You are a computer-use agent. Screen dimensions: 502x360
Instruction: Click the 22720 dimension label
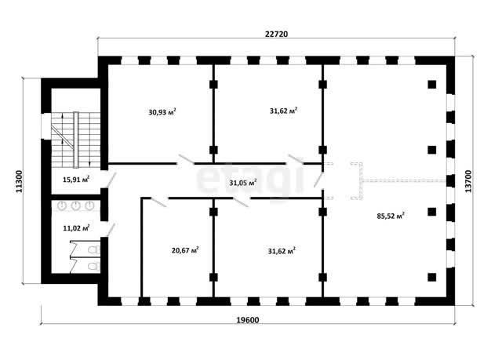click(x=276, y=34)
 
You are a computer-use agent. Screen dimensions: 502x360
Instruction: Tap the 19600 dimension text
click(x=248, y=320)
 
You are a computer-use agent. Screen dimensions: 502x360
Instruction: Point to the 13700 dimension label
click(x=468, y=181)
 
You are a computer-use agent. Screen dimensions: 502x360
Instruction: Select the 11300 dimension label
click(x=20, y=181)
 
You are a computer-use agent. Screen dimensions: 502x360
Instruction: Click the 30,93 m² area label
click(x=162, y=112)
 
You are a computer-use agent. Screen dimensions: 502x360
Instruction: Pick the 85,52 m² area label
click(x=391, y=216)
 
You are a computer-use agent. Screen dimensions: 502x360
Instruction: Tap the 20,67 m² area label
click(x=185, y=250)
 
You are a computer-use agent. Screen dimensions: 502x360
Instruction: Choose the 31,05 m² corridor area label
click(x=243, y=183)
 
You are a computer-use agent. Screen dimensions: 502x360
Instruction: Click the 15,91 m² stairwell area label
click(x=76, y=179)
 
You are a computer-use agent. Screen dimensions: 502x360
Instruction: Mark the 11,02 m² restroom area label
click(x=76, y=228)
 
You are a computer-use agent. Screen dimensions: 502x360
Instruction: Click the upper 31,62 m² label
click(x=284, y=111)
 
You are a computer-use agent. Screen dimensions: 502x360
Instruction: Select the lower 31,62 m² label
click(x=282, y=251)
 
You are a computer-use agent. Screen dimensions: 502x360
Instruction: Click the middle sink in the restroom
click(x=75, y=205)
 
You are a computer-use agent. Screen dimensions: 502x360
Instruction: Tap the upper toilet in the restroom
click(x=94, y=250)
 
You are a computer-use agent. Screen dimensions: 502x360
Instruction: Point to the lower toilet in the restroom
click(x=94, y=266)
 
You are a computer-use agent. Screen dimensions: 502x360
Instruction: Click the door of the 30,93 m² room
click(x=186, y=159)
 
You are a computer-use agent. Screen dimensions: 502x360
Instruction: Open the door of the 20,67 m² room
click(x=158, y=202)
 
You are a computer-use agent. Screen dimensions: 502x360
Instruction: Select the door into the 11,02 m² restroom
click(x=111, y=230)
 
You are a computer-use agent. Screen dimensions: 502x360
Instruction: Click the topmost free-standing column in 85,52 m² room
click(x=432, y=85)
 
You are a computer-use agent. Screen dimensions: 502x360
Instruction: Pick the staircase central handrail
click(x=76, y=140)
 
